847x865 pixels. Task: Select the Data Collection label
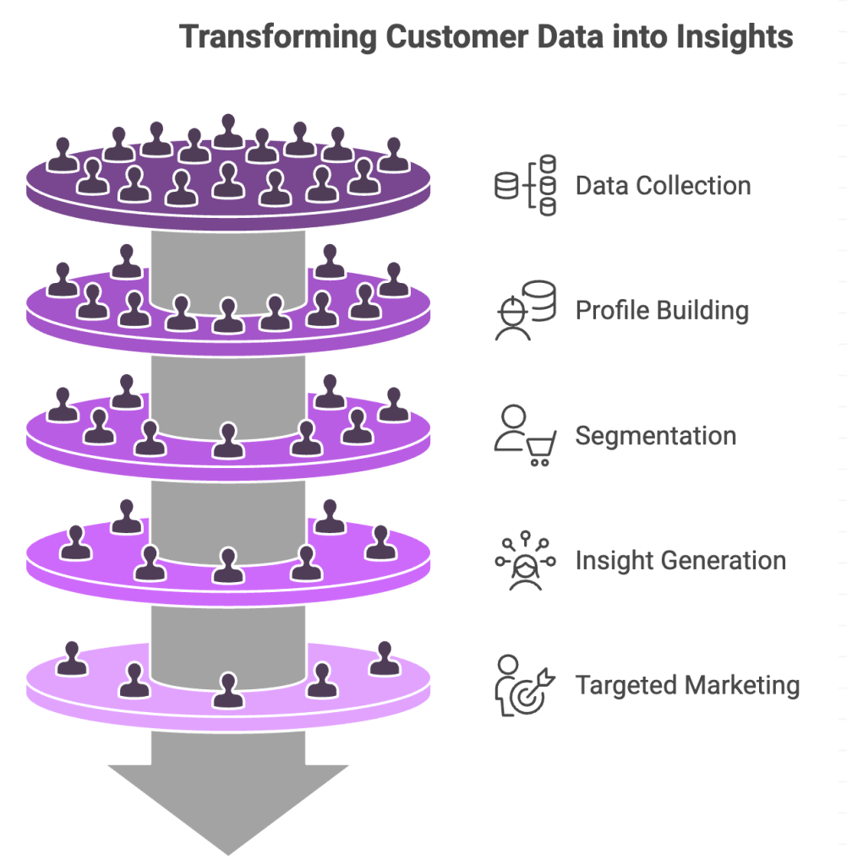tap(663, 186)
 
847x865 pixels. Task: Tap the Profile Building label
tap(662, 310)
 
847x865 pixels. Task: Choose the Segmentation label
tap(655, 436)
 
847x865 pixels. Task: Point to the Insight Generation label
tap(680, 560)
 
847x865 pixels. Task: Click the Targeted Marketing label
tap(687, 684)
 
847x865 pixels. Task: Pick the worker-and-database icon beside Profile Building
tap(525, 311)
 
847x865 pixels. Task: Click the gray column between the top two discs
tap(228, 262)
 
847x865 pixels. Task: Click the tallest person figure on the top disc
tap(228, 131)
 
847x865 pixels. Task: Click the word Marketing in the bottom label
tap(744, 684)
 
